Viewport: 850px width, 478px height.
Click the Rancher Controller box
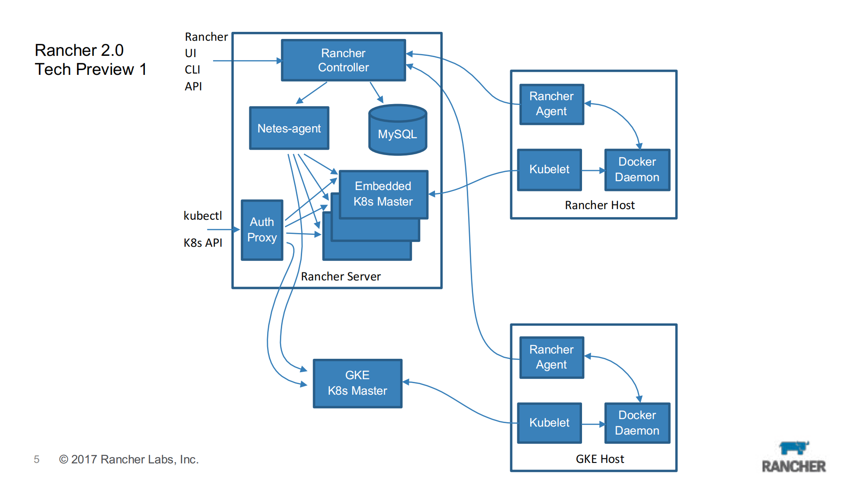tap(343, 60)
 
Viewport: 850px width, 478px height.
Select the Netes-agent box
tap(289, 128)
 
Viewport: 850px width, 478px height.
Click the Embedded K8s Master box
tap(383, 194)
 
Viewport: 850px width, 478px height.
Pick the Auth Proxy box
tap(262, 230)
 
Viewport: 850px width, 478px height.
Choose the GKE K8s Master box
tap(357, 383)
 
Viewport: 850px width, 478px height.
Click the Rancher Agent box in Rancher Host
tap(551, 104)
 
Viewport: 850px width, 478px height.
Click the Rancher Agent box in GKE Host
tap(551, 358)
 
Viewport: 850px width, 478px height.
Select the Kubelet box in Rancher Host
tap(549, 170)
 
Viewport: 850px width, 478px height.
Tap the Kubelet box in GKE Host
tap(549, 423)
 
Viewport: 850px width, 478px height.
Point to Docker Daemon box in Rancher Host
tap(637, 170)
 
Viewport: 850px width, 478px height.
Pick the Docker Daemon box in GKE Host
tap(637, 423)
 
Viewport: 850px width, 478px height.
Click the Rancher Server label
tap(341, 277)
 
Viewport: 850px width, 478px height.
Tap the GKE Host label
tap(600, 459)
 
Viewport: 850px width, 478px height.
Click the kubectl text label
tap(203, 216)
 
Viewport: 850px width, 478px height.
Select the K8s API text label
tap(203, 243)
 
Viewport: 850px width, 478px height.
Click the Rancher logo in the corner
tap(794, 457)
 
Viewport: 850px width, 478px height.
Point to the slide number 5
tap(37, 460)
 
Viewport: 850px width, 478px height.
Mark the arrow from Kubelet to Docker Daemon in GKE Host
tap(593, 424)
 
